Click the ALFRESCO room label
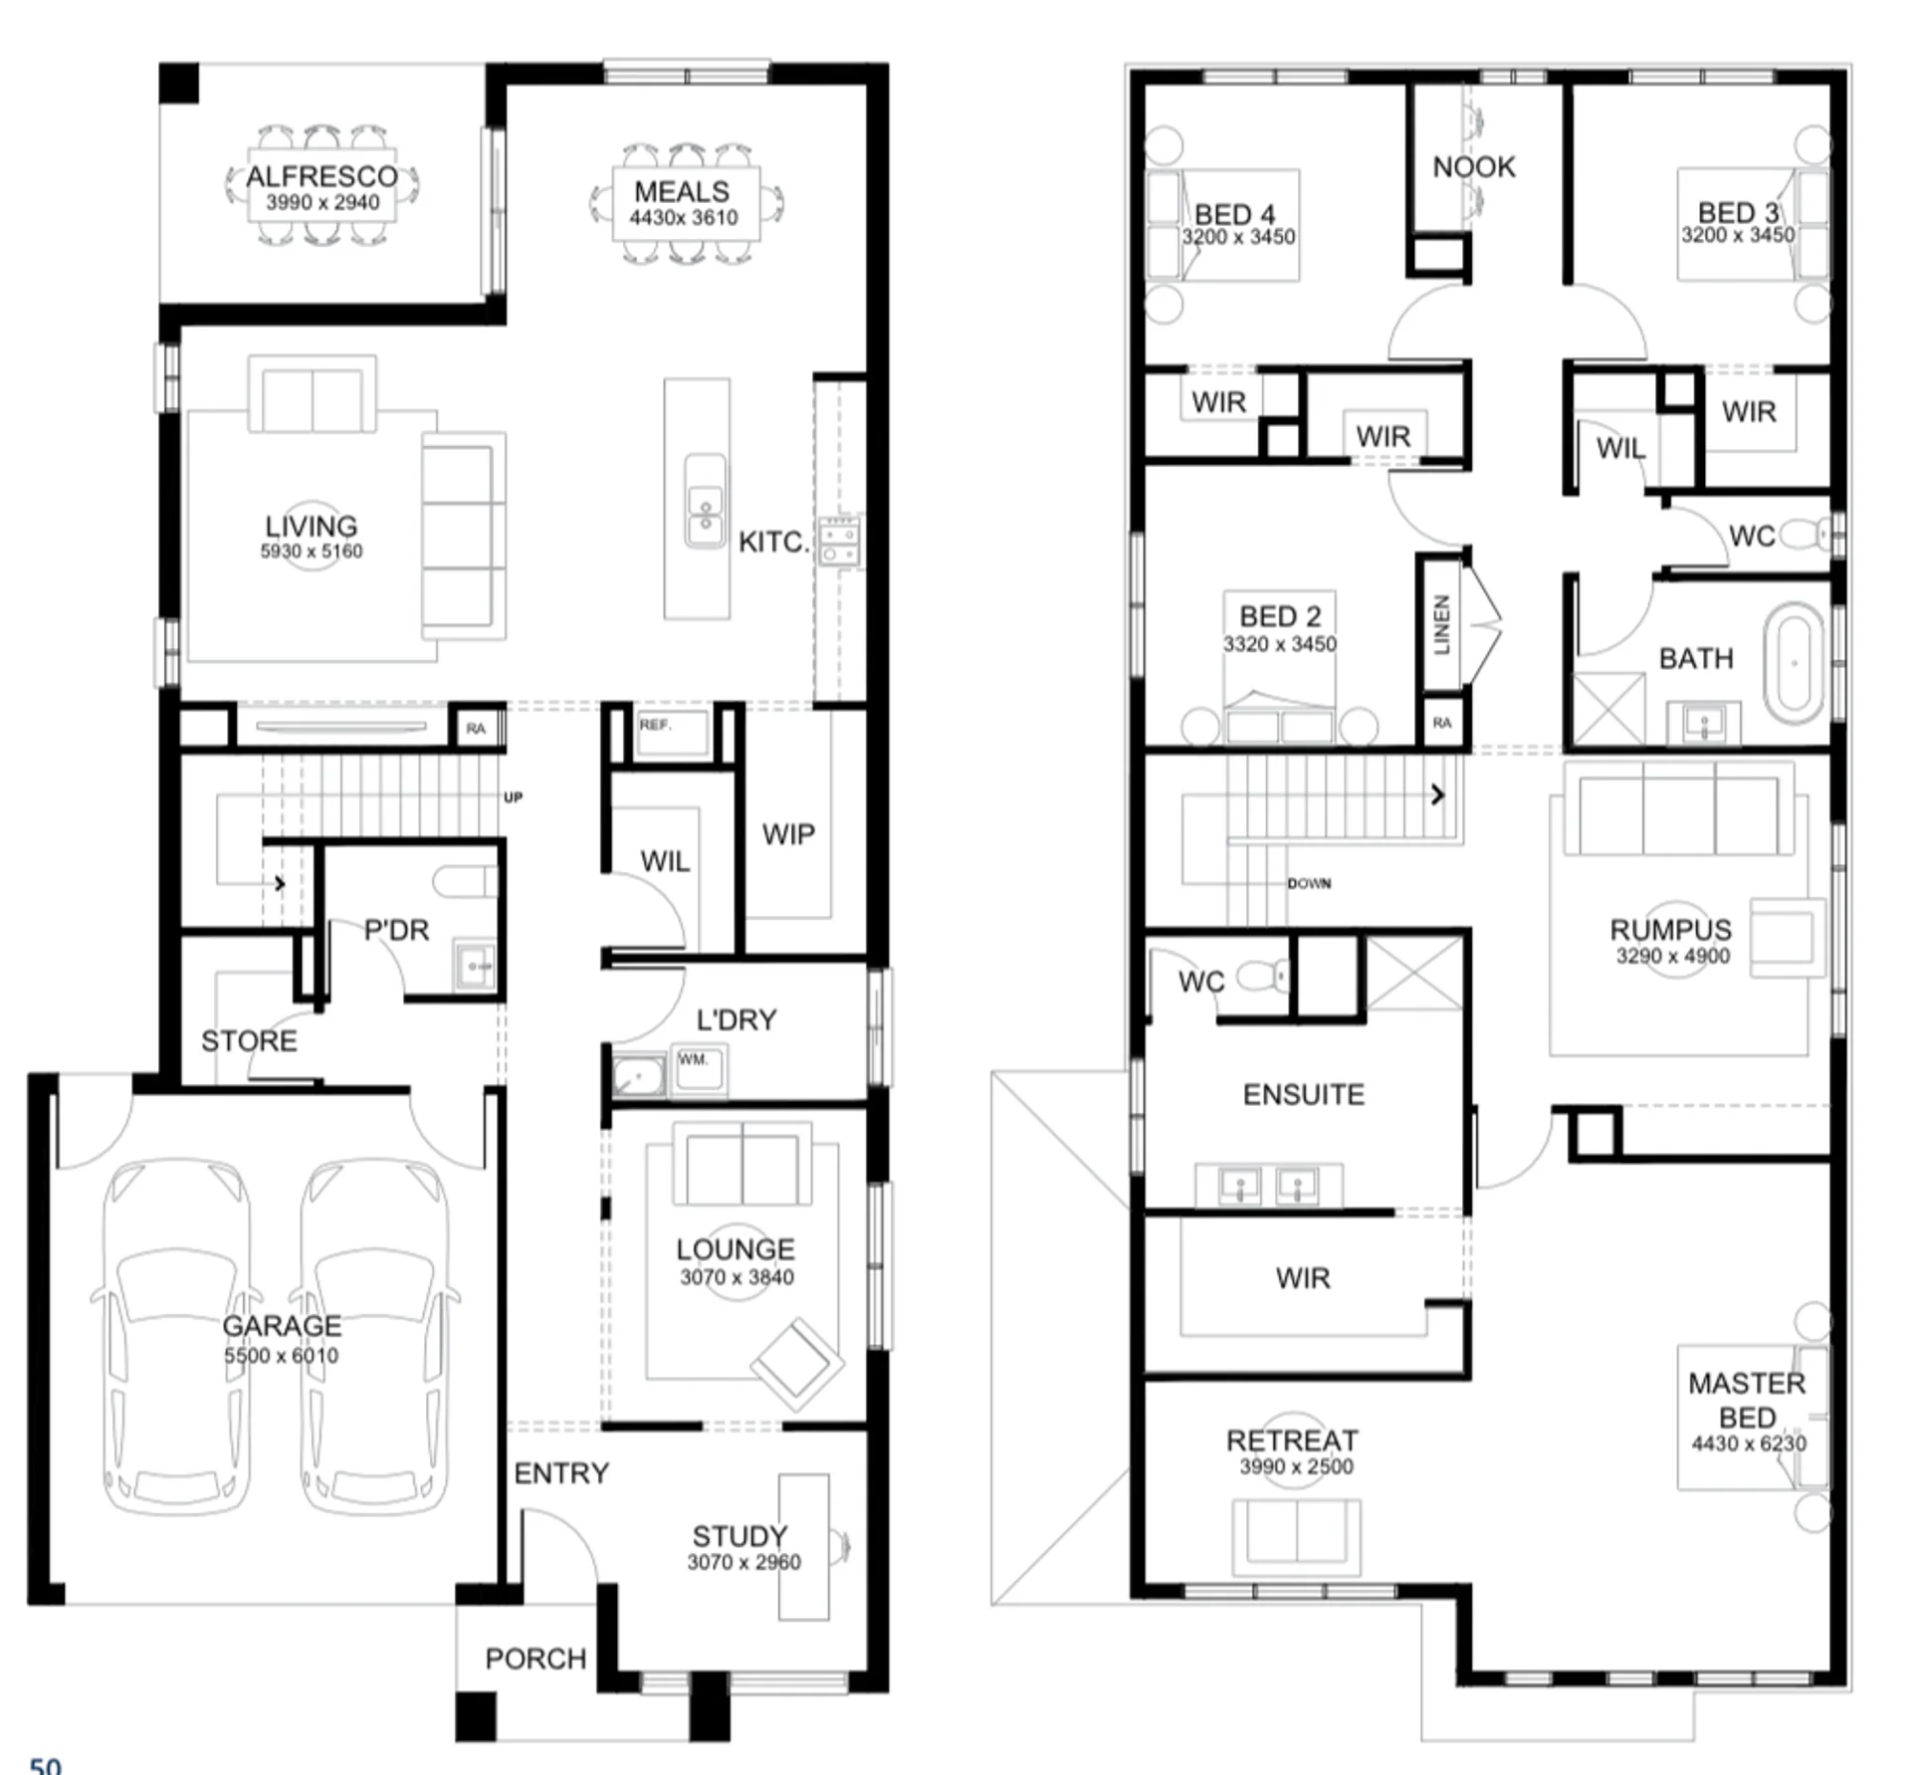[x=321, y=176]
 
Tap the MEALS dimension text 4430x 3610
[x=684, y=218]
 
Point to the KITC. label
[x=771, y=543]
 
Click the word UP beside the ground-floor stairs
[x=513, y=797]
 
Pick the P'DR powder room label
[x=396, y=930]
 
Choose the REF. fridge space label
[x=655, y=725]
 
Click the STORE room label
[x=249, y=1041]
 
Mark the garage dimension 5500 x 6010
[x=281, y=1356]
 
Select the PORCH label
[x=535, y=1659]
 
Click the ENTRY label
[x=560, y=1473]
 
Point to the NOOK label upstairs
[x=1474, y=167]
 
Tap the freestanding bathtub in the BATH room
[x=1795, y=662]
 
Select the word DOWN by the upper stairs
[x=1309, y=883]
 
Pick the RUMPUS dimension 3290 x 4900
[x=1673, y=957]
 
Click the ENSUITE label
[x=1304, y=1095]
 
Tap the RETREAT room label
[x=1292, y=1441]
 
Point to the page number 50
[x=46, y=1764]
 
